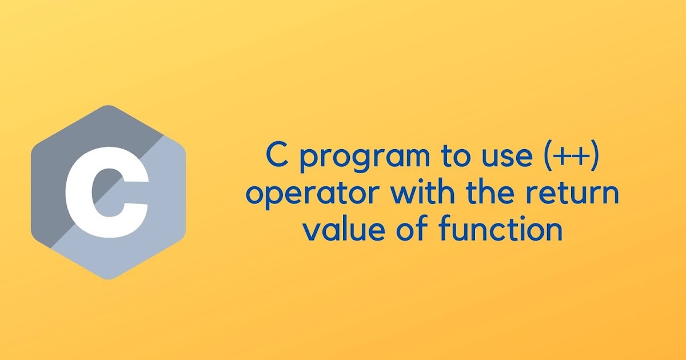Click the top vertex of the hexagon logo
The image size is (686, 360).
pyautogui.click(x=109, y=106)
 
